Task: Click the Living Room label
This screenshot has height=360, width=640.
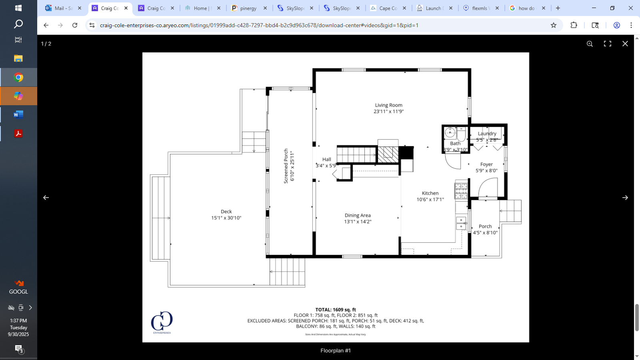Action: [x=388, y=105]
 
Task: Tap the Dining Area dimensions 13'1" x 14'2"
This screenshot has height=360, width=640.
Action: [x=358, y=222]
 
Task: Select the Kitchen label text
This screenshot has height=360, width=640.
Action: [x=430, y=193]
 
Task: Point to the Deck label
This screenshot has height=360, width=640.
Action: [x=226, y=212]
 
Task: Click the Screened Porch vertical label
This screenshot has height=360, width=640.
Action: [x=286, y=166]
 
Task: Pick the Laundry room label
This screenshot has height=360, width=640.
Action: [x=487, y=134]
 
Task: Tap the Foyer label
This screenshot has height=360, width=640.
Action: [x=486, y=164]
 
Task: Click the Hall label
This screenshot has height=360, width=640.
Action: [x=326, y=159]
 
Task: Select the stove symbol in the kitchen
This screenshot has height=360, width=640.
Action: [x=461, y=191]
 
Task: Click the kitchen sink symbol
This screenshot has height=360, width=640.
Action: [x=461, y=223]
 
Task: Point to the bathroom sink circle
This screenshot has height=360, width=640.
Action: [x=450, y=132]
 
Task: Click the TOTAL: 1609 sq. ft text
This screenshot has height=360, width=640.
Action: [x=335, y=310]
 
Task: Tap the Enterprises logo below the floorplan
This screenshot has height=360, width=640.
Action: [x=162, y=322]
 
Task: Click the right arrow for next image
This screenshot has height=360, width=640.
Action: [x=625, y=198]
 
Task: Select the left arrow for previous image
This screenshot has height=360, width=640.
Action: [x=46, y=198]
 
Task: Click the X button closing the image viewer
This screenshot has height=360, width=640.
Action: [x=625, y=44]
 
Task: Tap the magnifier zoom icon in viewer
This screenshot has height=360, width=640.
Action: [x=590, y=44]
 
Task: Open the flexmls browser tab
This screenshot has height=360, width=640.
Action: [x=479, y=8]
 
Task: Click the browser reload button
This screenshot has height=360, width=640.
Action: [x=75, y=25]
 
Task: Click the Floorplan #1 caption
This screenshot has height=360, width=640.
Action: [x=335, y=350]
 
